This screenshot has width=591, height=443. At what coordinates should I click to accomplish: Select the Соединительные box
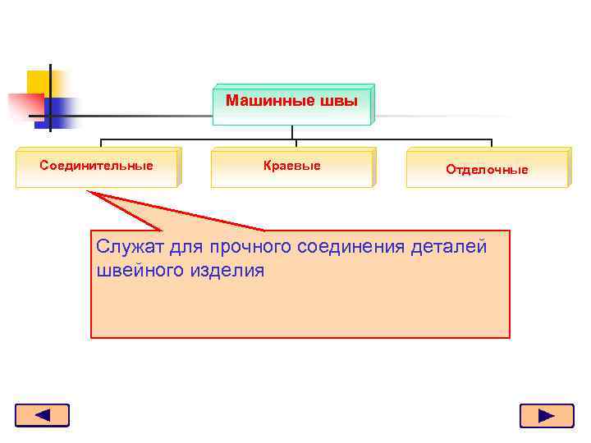click(97, 167)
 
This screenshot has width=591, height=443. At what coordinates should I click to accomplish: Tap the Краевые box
click(292, 167)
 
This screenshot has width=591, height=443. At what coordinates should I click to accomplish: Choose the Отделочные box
click(488, 169)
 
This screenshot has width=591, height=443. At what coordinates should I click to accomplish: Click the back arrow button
click(42, 415)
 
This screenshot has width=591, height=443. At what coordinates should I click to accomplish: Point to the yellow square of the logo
click(38, 82)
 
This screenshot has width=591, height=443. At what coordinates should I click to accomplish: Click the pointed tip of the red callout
click(88, 193)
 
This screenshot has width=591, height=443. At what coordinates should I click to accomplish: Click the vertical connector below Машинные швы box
click(293, 132)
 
